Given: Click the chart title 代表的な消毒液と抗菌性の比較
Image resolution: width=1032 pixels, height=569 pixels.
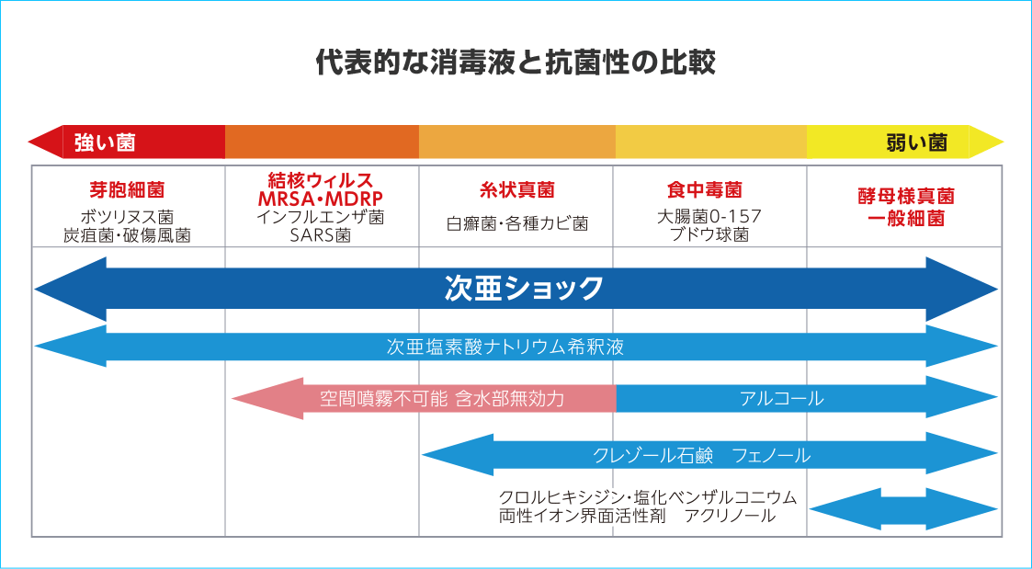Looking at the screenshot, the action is [x=516, y=63].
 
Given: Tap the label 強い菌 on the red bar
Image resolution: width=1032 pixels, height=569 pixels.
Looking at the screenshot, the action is [x=105, y=142].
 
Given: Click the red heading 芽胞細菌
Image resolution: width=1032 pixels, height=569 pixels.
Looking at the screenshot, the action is [x=127, y=190].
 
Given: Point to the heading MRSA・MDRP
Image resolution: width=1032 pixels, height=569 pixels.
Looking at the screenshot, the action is [x=322, y=199].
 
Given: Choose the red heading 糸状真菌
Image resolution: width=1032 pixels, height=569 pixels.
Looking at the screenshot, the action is [x=516, y=190].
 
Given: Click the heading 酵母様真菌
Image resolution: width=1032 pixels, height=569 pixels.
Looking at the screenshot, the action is [x=905, y=196].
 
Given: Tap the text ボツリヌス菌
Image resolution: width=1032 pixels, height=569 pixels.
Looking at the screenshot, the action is [x=127, y=217].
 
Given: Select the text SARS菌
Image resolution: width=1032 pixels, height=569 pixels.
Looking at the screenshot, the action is [x=322, y=235].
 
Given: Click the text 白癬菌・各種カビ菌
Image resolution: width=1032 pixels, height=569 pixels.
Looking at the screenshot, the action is [x=516, y=223].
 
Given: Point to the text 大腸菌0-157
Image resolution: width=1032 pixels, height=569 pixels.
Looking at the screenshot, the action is [x=709, y=217].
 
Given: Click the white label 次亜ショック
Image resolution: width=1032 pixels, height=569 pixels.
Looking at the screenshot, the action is [x=524, y=288].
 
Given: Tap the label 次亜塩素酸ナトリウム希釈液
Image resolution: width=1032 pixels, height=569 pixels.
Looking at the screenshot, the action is [x=505, y=347].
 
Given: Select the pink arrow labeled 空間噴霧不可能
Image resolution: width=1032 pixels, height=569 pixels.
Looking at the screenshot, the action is [x=424, y=398].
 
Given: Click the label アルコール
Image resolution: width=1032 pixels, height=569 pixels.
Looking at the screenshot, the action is [x=781, y=398].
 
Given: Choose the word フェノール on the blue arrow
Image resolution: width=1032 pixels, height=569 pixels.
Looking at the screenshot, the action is [x=771, y=455].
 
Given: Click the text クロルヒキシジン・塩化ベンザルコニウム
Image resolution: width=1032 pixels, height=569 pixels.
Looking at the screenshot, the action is [x=648, y=496].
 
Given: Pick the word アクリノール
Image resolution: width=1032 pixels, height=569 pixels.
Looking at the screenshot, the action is [x=730, y=517].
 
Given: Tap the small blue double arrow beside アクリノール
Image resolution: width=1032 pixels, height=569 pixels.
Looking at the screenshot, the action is [x=903, y=509].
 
